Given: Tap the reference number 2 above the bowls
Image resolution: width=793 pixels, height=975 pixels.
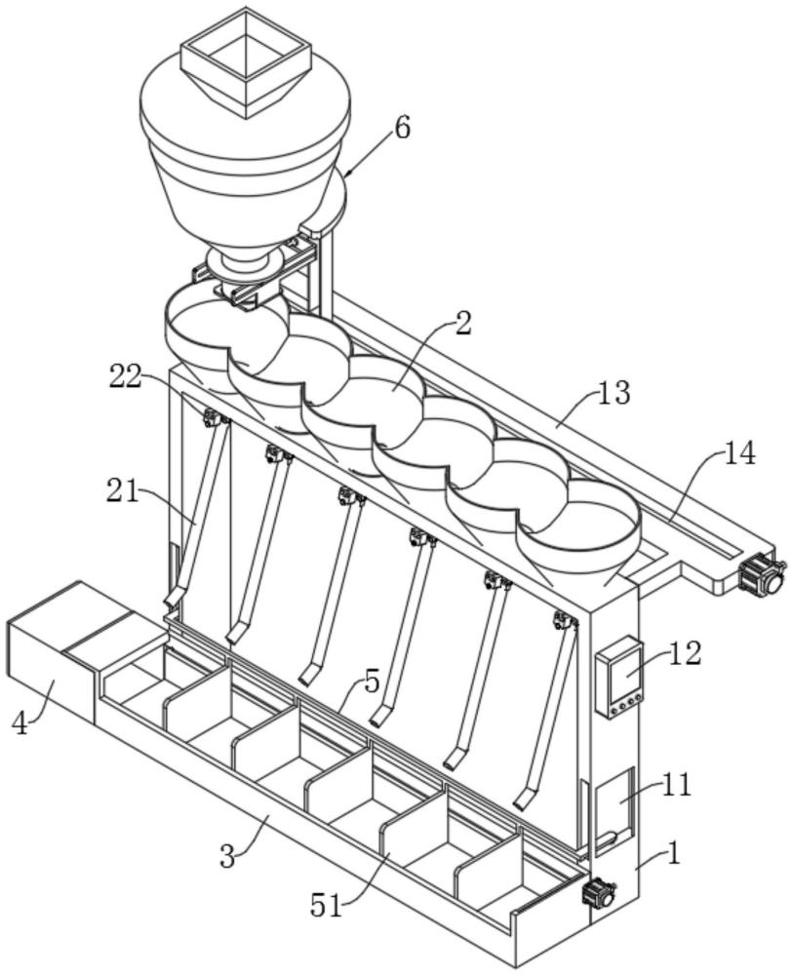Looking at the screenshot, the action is click(463, 324).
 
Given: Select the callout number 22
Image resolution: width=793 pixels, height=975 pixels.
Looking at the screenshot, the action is click(126, 376).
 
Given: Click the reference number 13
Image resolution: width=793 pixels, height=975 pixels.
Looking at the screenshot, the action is click(614, 392).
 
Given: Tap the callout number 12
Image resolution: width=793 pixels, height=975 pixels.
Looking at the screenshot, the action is click(685, 653).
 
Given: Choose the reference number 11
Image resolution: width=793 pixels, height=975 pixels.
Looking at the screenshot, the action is click(675, 785).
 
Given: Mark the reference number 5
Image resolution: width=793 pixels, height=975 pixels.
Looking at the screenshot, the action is click(372, 682).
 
